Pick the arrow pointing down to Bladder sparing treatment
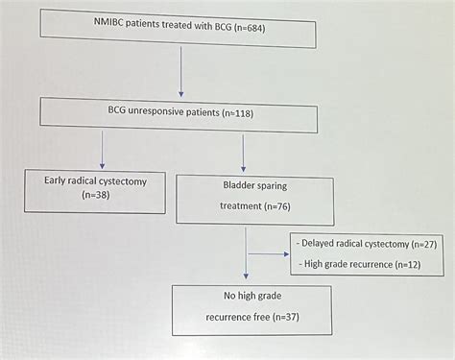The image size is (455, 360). (244, 150)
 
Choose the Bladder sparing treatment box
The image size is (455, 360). (250, 195)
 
